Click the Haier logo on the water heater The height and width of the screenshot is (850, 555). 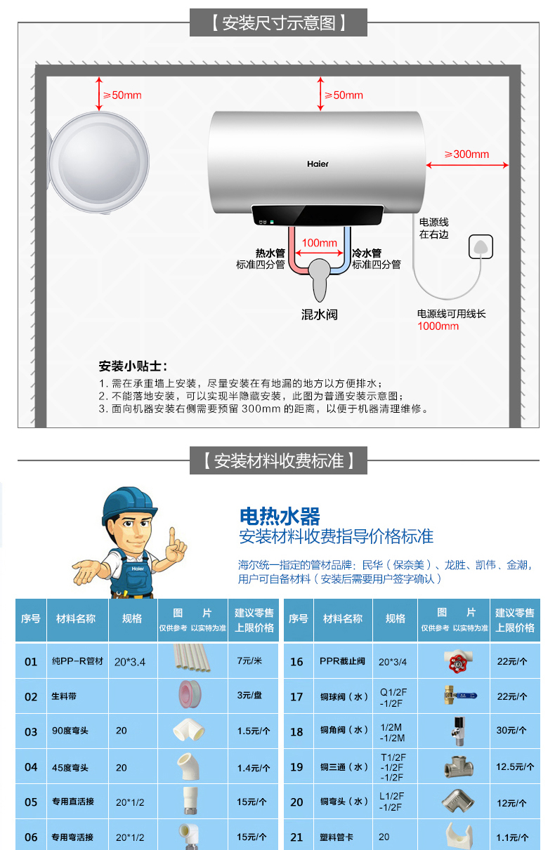(x=318, y=164)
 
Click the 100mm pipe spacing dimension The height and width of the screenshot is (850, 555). (x=319, y=243)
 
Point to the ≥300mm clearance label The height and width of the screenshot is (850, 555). (x=466, y=154)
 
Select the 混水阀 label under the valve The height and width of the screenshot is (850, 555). (x=320, y=314)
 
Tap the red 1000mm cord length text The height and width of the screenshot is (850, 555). (x=438, y=326)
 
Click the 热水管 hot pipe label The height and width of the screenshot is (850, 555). (x=270, y=253)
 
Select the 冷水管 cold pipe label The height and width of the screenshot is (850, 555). (x=367, y=253)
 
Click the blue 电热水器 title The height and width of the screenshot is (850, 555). (x=280, y=517)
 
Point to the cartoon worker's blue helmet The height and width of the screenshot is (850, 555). (x=128, y=503)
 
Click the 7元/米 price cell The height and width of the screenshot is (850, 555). (x=249, y=661)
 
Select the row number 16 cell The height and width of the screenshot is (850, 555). (x=296, y=661)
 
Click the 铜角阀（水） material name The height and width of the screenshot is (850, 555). (x=345, y=731)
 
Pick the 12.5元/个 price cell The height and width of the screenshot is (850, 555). (x=515, y=766)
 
